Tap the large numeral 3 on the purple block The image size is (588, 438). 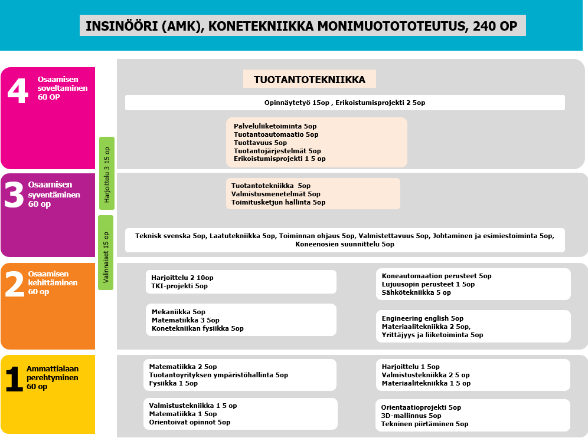point(14,195)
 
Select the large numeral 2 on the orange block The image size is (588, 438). point(14,284)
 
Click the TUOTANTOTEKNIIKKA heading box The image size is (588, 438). point(309,80)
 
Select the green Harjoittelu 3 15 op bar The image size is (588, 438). point(107,173)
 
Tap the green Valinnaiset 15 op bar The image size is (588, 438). point(106,252)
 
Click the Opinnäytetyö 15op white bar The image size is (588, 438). point(345,103)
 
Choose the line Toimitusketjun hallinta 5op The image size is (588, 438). point(278,202)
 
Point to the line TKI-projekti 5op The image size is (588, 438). point(179,286)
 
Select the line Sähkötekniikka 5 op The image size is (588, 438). point(416,292)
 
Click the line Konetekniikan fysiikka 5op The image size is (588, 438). point(197,328)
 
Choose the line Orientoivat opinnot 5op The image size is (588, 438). point(190,422)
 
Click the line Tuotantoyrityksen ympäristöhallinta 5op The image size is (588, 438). point(218,375)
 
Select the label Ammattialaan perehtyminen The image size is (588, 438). point(53,373)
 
